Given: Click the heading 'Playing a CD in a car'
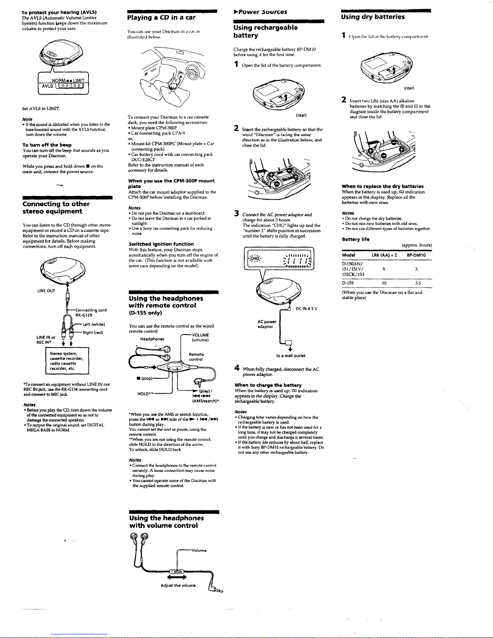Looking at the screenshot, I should coord(161,17).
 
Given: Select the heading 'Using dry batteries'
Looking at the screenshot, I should coord(373,17).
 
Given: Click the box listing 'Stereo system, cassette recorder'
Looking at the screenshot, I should coord(66,361).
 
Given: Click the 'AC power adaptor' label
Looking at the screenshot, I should coord(267,324).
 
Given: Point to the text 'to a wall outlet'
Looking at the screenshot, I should coord(291,355).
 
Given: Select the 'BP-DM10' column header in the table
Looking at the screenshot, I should coord(417,255).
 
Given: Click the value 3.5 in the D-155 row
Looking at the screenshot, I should coord(418,283).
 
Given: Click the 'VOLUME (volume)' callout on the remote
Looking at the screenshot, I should coord(199,337).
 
